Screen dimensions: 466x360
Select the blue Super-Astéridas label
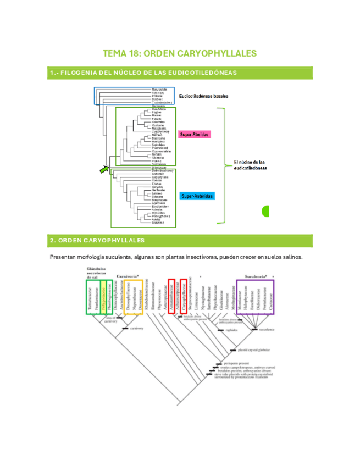(197, 195)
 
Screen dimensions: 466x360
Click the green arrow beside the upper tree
(104, 170)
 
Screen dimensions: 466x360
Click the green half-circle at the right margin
(265, 210)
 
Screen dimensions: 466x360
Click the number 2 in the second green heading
(51, 241)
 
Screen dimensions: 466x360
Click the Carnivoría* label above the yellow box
(128, 276)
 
